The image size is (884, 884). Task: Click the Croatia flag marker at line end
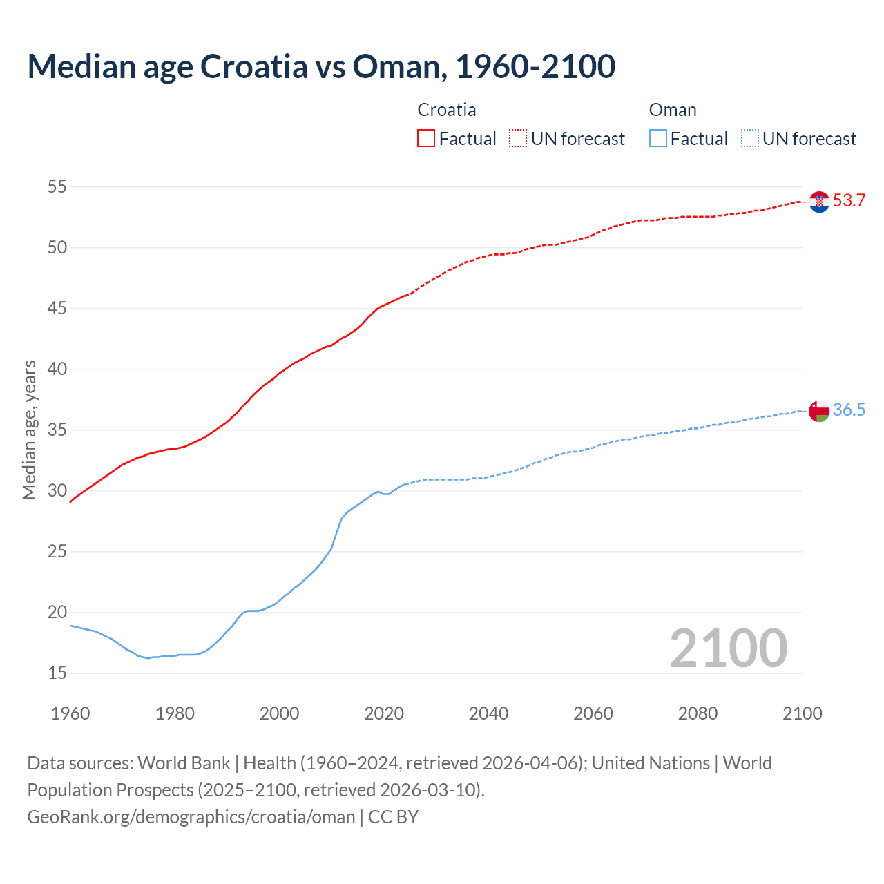point(819,202)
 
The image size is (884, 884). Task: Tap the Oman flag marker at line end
point(819,410)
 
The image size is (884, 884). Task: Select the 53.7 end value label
point(849,201)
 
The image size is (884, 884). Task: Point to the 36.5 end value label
point(849,410)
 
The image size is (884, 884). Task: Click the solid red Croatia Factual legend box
point(426,139)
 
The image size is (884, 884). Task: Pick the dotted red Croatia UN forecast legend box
point(518,139)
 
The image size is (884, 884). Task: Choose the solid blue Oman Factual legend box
point(658,139)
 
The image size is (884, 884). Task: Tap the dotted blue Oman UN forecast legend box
point(749,139)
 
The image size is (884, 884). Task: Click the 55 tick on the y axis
point(57,186)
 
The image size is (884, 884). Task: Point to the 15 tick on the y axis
point(57,673)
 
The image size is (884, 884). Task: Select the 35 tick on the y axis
point(57,430)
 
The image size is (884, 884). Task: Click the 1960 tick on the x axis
point(70,713)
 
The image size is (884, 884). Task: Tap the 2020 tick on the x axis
point(384,713)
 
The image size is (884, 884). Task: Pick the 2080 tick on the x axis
point(698,713)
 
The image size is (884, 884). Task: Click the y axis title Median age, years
point(29,430)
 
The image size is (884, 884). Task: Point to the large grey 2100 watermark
point(728,648)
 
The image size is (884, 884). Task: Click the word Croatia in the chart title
point(254,66)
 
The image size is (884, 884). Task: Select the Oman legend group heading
point(673,110)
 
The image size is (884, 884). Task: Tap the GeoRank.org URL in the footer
point(191,817)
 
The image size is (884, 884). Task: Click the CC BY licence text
point(394,817)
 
